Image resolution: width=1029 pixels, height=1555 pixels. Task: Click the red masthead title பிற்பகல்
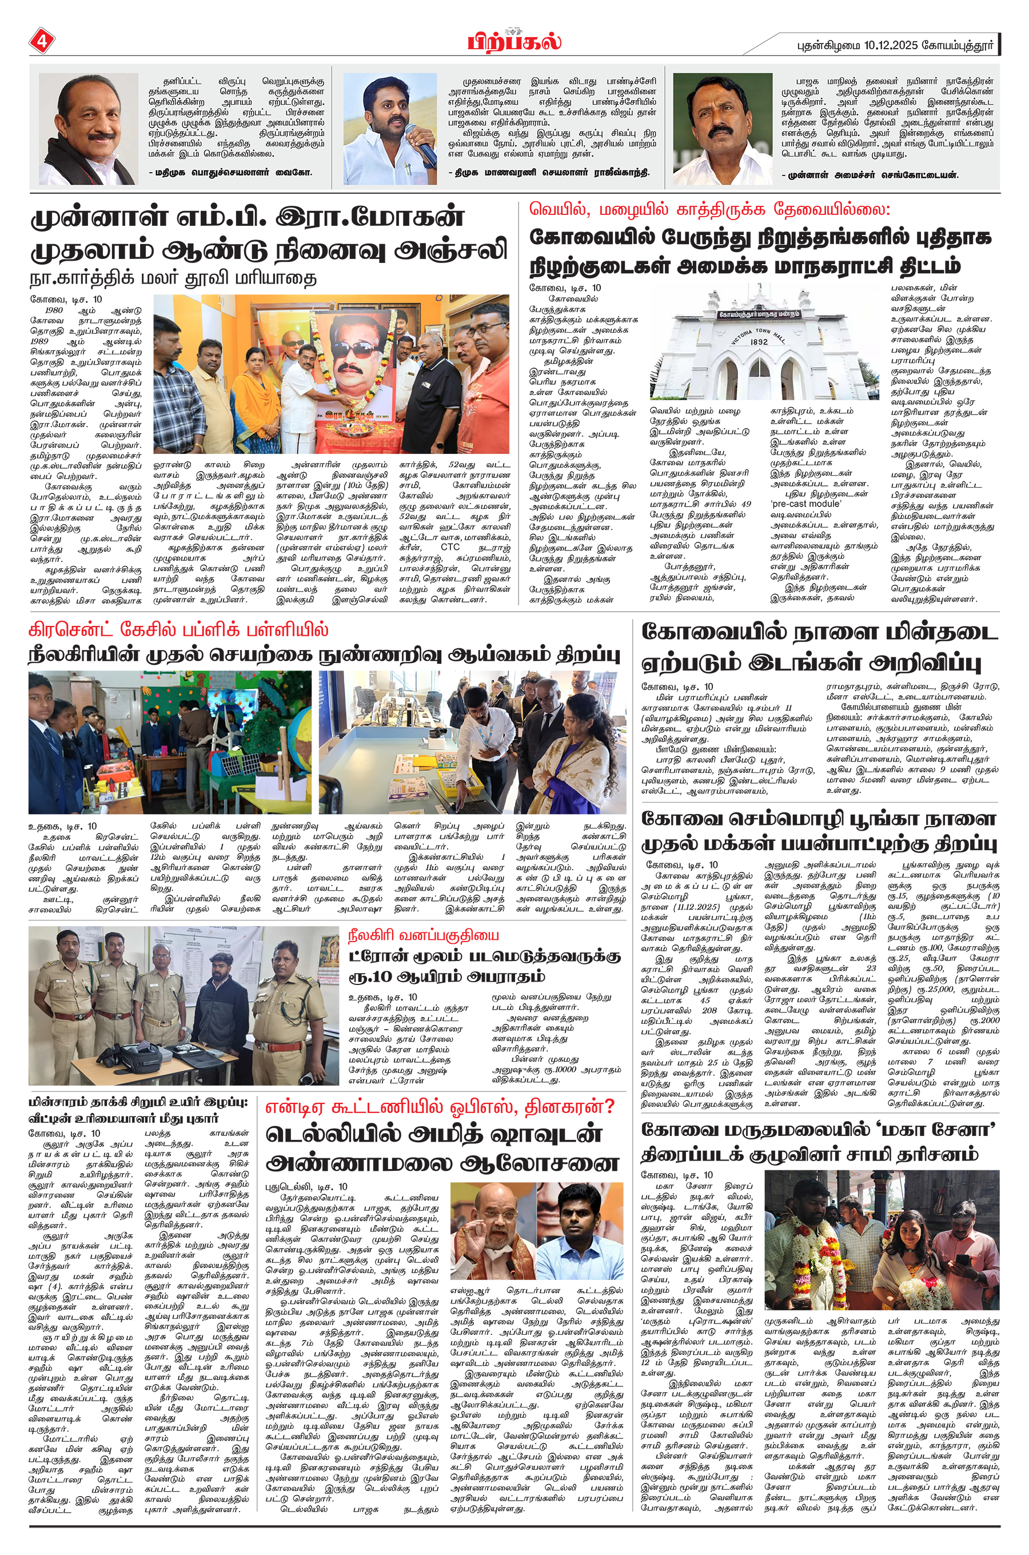pyautogui.click(x=514, y=41)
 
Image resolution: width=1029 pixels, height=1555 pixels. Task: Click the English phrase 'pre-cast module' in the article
pyautogui.click(x=805, y=503)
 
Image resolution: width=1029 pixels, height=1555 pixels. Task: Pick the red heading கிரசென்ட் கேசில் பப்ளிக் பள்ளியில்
pyautogui.click(x=178, y=631)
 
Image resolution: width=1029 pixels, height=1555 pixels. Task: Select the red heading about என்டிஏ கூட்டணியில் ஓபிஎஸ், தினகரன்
pyautogui.click(x=439, y=1107)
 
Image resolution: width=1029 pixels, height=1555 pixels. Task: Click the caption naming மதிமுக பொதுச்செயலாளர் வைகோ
pyautogui.click(x=230, y=173)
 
